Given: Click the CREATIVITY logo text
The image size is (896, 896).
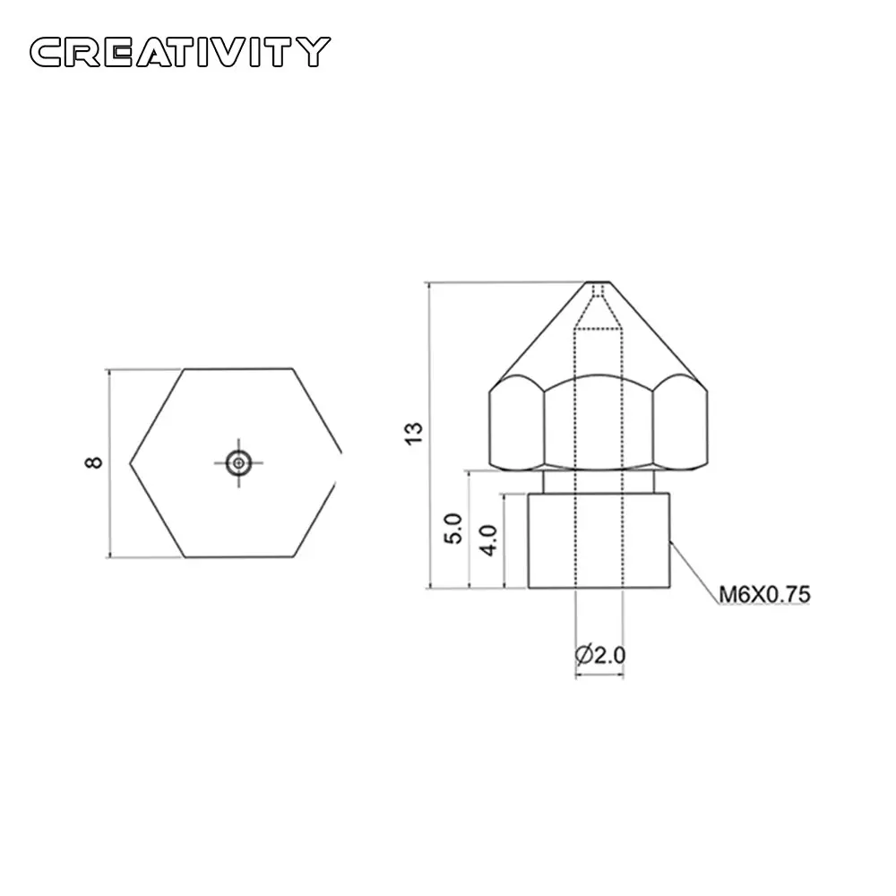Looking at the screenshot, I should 179,51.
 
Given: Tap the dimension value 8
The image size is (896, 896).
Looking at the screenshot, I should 93,462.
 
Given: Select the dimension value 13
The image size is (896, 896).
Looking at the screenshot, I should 414,433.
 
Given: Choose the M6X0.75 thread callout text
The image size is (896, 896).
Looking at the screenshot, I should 764,593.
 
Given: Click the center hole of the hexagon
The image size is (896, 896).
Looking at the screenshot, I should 238,462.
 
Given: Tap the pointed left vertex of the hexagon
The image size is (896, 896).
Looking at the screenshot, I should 132,462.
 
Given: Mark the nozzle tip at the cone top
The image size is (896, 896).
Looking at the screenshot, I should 598,284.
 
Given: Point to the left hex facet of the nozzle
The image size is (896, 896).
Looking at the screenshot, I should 517,426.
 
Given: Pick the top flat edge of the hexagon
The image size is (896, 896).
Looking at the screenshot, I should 239,368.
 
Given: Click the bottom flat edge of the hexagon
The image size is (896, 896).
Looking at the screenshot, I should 239,557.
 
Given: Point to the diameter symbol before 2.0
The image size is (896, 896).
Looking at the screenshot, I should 582,655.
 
